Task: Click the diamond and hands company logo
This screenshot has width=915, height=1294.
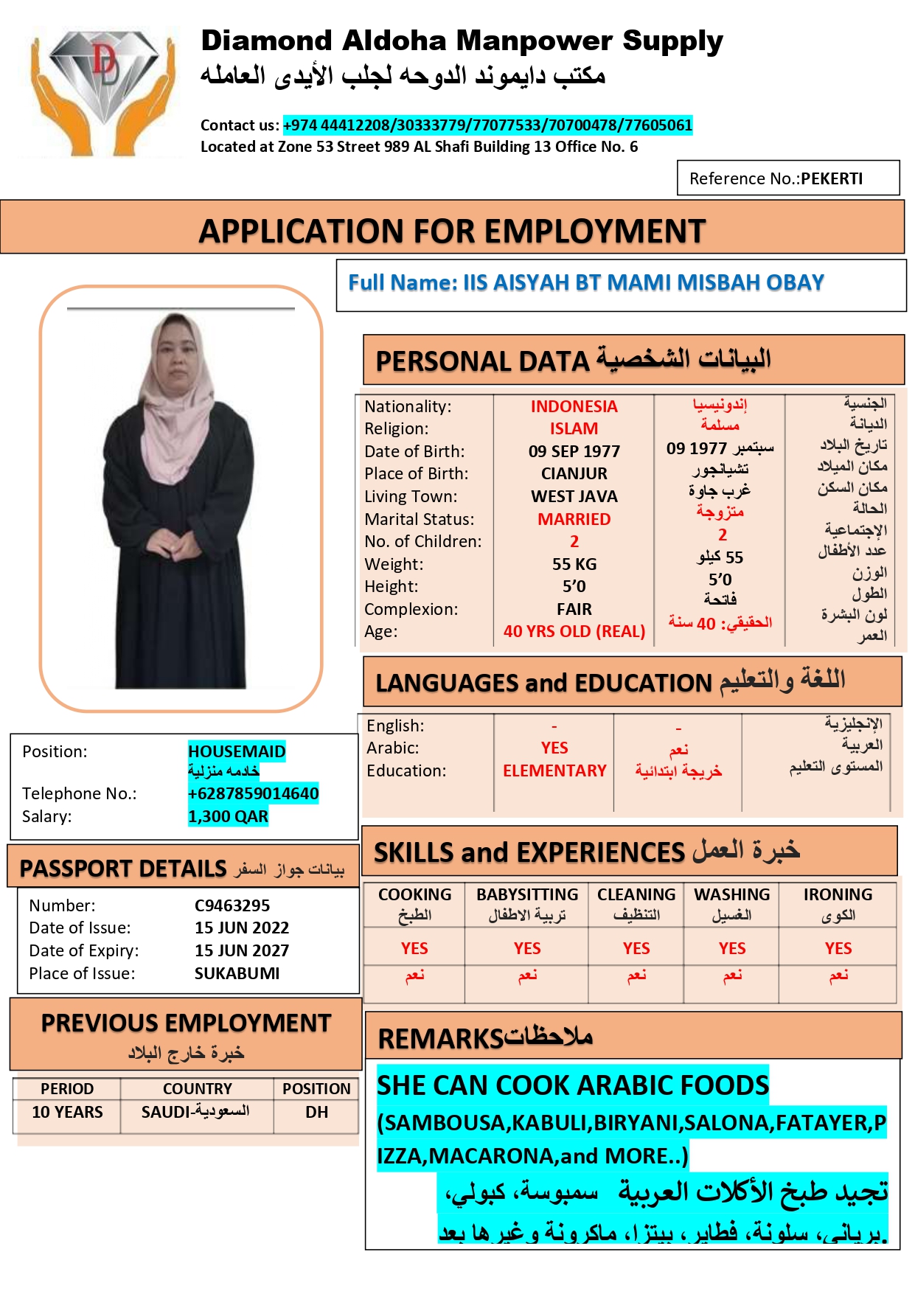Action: click(x=102, y=90)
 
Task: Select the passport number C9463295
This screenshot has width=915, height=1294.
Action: click(x=232, y=905)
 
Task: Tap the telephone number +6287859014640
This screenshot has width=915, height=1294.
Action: click(x=253, y=793)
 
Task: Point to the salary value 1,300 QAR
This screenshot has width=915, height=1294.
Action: click(x=228, y=816)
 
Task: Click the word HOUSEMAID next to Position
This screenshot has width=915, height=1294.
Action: click(x=237, y=751)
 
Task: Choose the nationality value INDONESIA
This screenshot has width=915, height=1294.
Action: click(x=574, y=406)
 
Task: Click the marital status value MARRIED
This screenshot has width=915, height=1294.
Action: click(x=574, y=519)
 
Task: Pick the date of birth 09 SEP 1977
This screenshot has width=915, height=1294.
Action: click(x=574, y=451)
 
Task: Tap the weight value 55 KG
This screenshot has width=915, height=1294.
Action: click(x=574, y=564)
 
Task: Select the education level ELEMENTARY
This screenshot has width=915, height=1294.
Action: click(x=554, y=771)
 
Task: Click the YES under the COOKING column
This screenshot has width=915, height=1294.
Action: click(x=414, y=948)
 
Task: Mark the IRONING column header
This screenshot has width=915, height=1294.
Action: click(x=838, y=894)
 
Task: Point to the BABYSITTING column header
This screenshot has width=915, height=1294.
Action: click(x=527, y=894)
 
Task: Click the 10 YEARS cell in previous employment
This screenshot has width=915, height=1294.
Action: click(x=67, y=1112)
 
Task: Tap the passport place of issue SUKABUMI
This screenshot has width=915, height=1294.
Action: click(x=237, y=973)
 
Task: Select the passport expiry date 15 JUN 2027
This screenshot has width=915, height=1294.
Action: click(x=242, y=950)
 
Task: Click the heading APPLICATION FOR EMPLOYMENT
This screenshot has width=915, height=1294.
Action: click(x=452, y=231)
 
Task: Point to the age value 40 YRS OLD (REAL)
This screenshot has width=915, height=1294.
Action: click(x=574, y=631)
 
